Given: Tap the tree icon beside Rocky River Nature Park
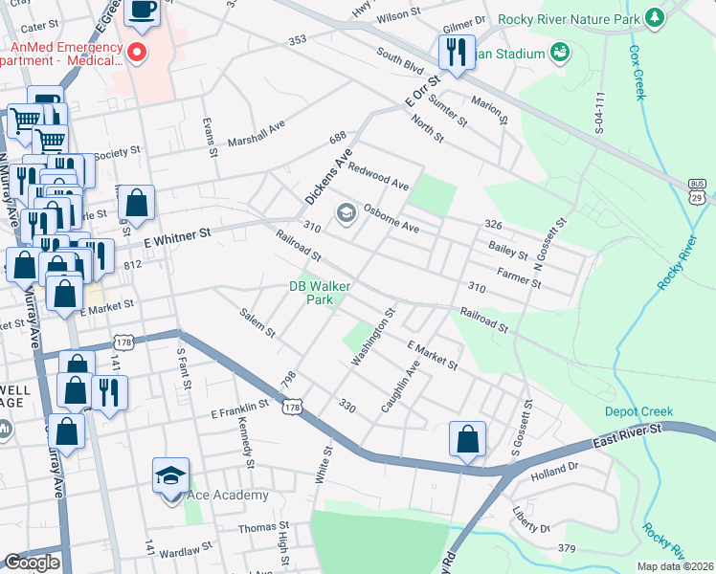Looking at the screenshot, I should pyautogui.click(x=655, y=17).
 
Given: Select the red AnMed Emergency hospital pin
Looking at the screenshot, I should pyautogui.click(x=138, y=52).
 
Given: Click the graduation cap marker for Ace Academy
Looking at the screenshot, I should pyautogui.click(x=170, y=475).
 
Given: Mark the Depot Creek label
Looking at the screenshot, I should pyautogui.click(x=638, y=411).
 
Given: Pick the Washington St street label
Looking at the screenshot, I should pyautogui.click(x=373, y=337).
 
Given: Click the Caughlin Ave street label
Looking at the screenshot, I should pyautogui.click(x=400, y=386).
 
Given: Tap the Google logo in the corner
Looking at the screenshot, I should pyautogui.click(x=33, y=563).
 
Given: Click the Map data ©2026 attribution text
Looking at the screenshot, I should pyautogui.click(x=675, y=566).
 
